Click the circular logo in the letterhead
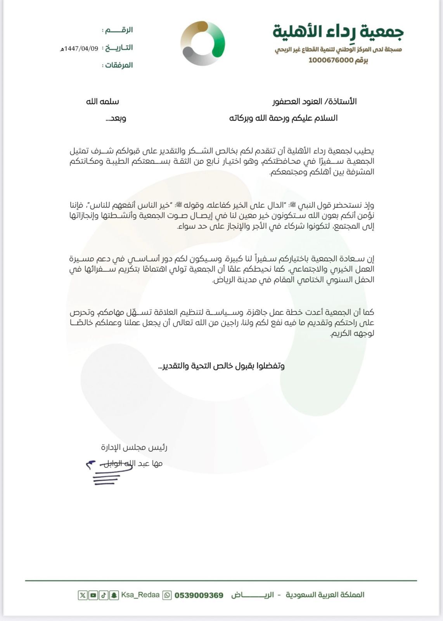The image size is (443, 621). [202, 43]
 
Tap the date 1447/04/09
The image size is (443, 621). [80, 49]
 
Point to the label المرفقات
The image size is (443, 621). [119, 65]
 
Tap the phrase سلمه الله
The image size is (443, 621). [102, 102]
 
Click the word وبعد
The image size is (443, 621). [116, 118]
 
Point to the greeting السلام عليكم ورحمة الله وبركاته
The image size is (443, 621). [284, 118]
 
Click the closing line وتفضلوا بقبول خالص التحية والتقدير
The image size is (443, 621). [221, 366]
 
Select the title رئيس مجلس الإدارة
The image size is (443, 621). [134, 447]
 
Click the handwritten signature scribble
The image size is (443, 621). [109, 472]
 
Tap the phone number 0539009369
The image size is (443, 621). [199, 595]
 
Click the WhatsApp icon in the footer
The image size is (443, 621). [167, 595]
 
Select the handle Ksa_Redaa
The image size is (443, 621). [140, 595]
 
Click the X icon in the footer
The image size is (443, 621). [83, 595]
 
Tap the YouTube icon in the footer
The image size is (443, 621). [93, 595]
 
